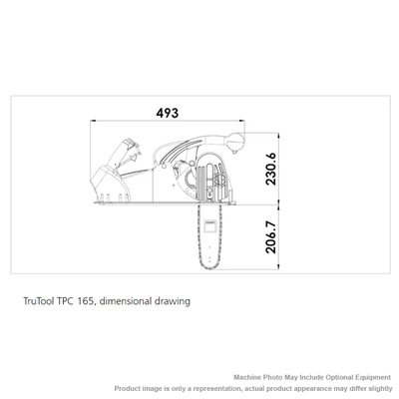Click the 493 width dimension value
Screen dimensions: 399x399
(168, 113)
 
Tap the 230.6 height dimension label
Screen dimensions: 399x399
(271, 169)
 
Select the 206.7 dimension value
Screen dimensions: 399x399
(271, 237)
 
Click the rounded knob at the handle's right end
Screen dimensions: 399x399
(235, 142)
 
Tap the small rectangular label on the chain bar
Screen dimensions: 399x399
(210, 225)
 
